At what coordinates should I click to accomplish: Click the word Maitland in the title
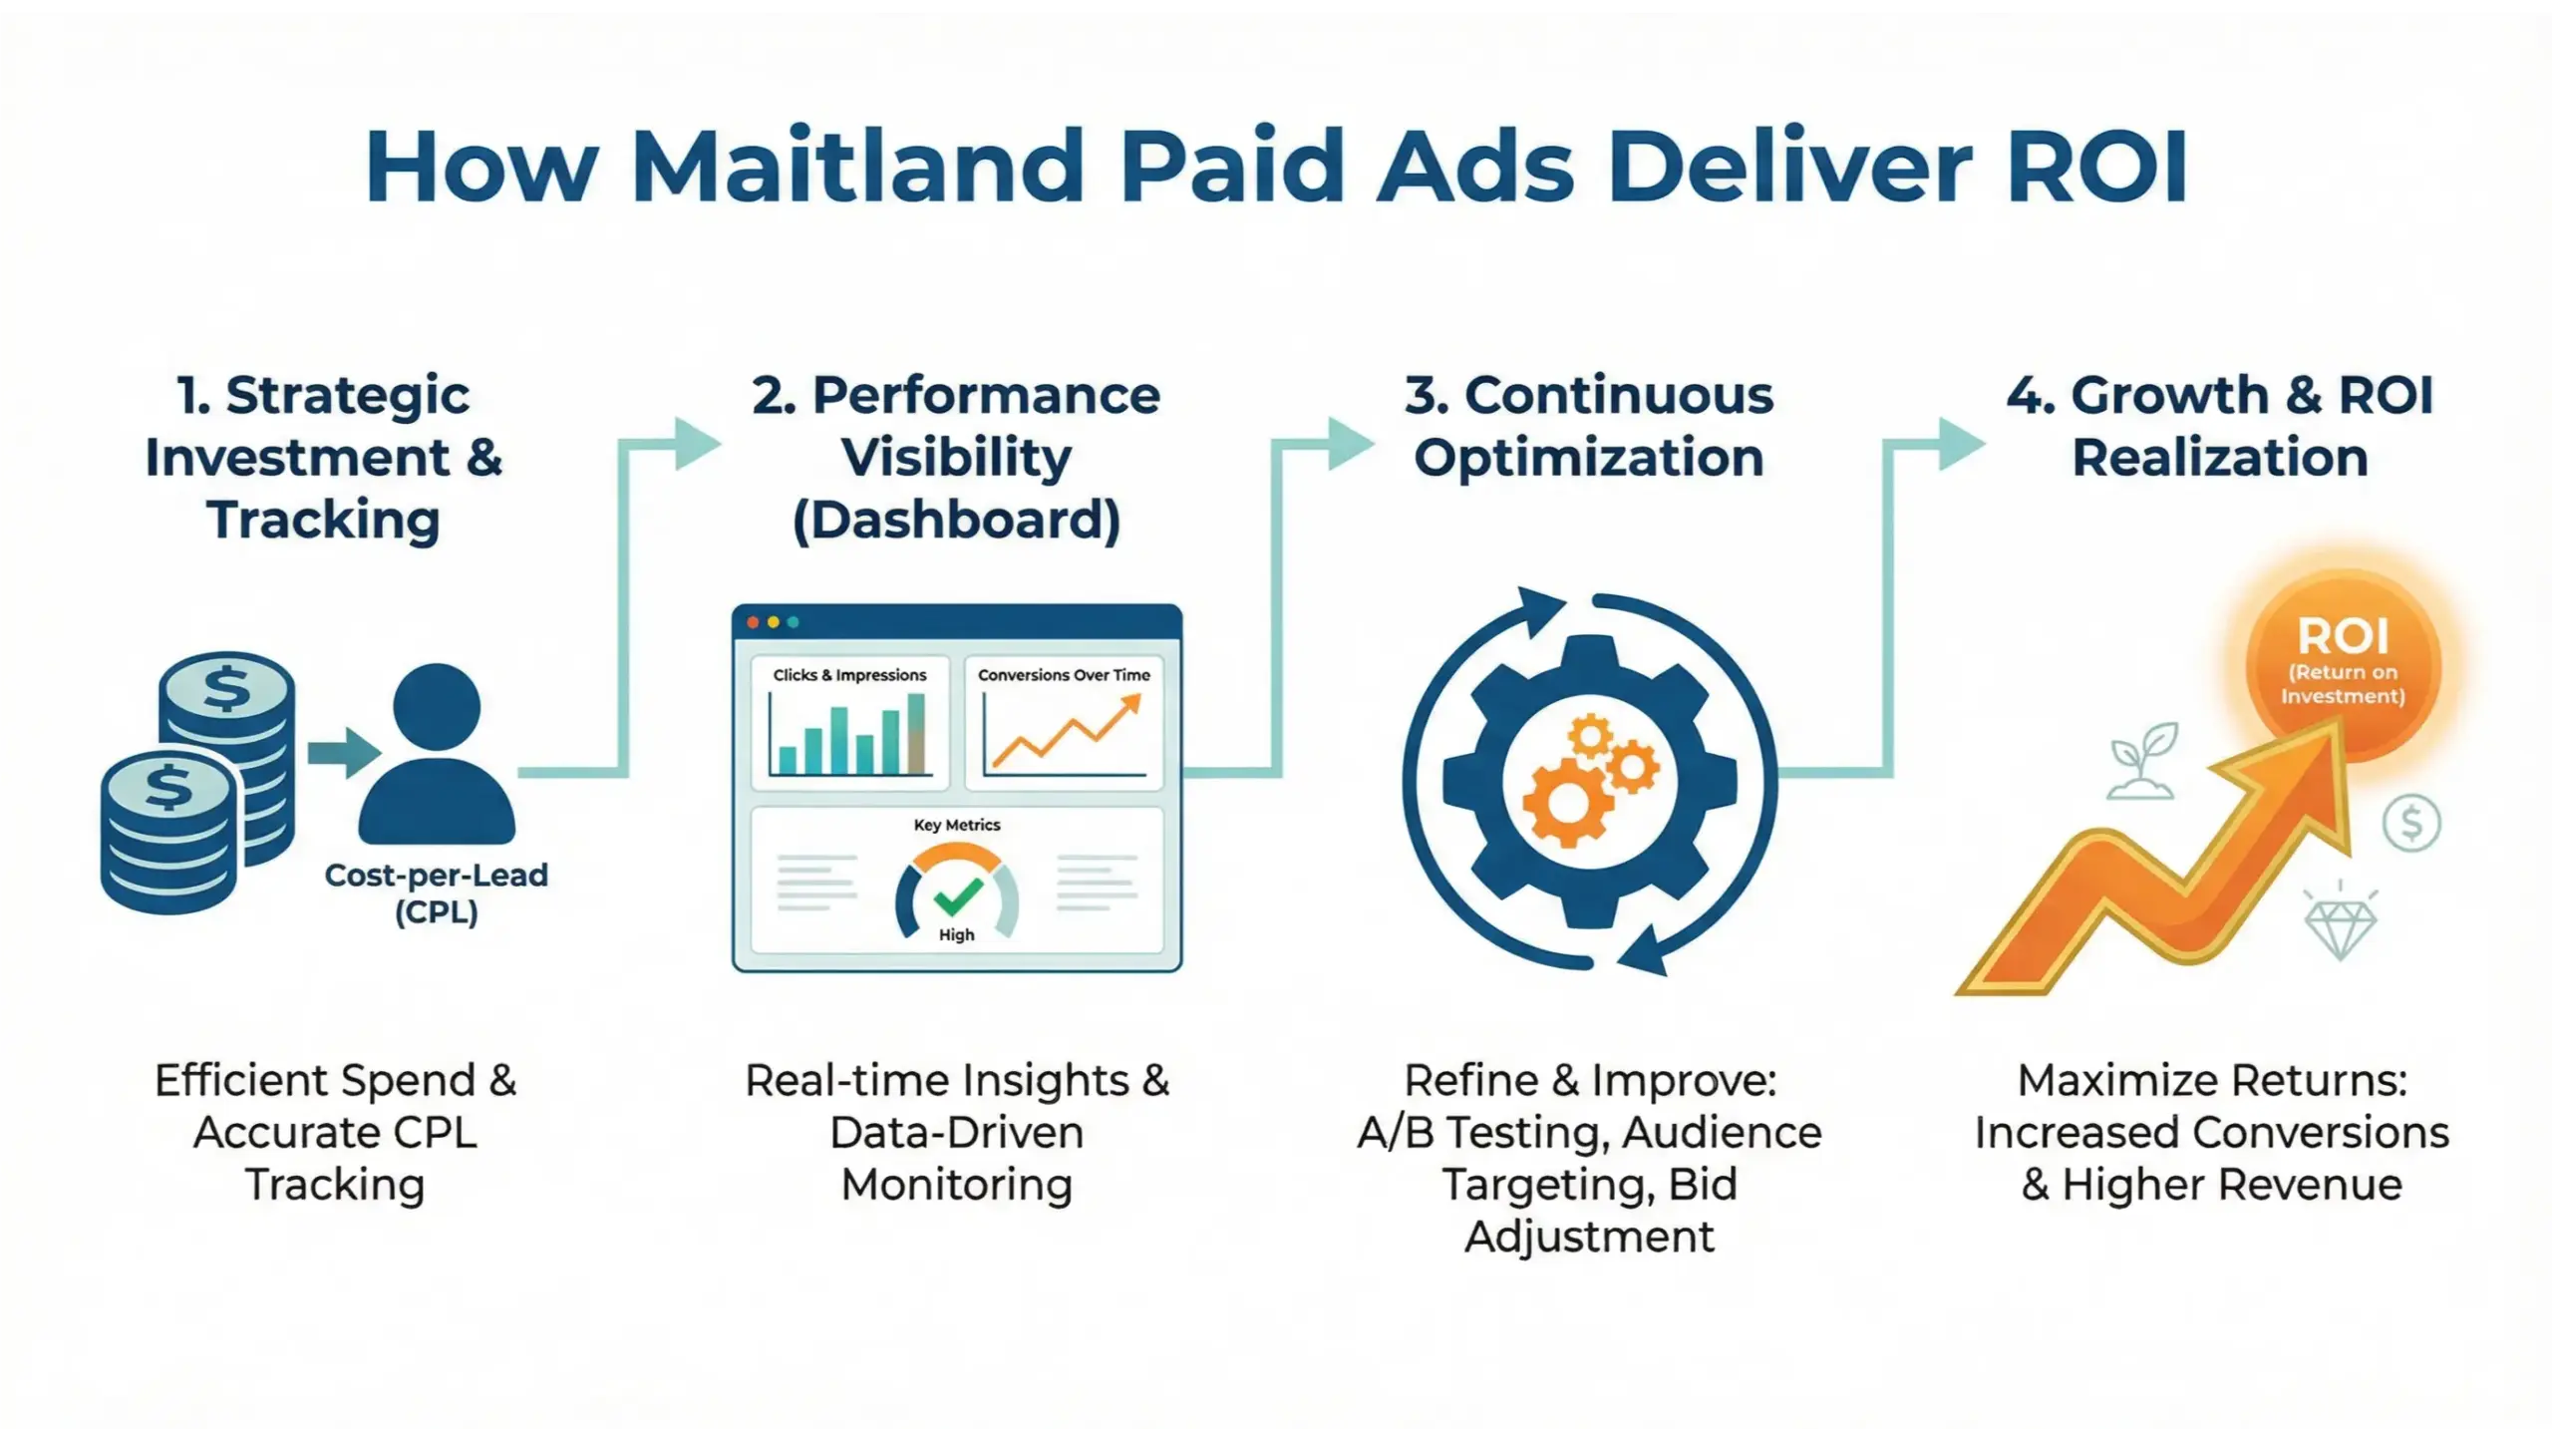857,166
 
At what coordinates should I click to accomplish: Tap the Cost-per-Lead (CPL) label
437,893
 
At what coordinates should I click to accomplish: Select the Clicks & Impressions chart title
849,675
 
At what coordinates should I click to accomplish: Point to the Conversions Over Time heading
1064,675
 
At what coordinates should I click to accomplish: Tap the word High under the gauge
956,935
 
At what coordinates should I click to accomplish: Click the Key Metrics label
957,825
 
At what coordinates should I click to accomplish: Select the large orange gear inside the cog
1566,803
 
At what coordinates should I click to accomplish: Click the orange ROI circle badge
2343,663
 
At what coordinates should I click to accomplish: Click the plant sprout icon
2141,763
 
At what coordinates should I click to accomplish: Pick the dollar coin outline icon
2411,823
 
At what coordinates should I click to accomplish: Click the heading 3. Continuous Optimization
1589,426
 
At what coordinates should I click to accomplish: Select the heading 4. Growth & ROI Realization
2220,426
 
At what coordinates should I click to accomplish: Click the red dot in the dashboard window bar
753,622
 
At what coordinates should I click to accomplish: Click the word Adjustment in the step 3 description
1589,1237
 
